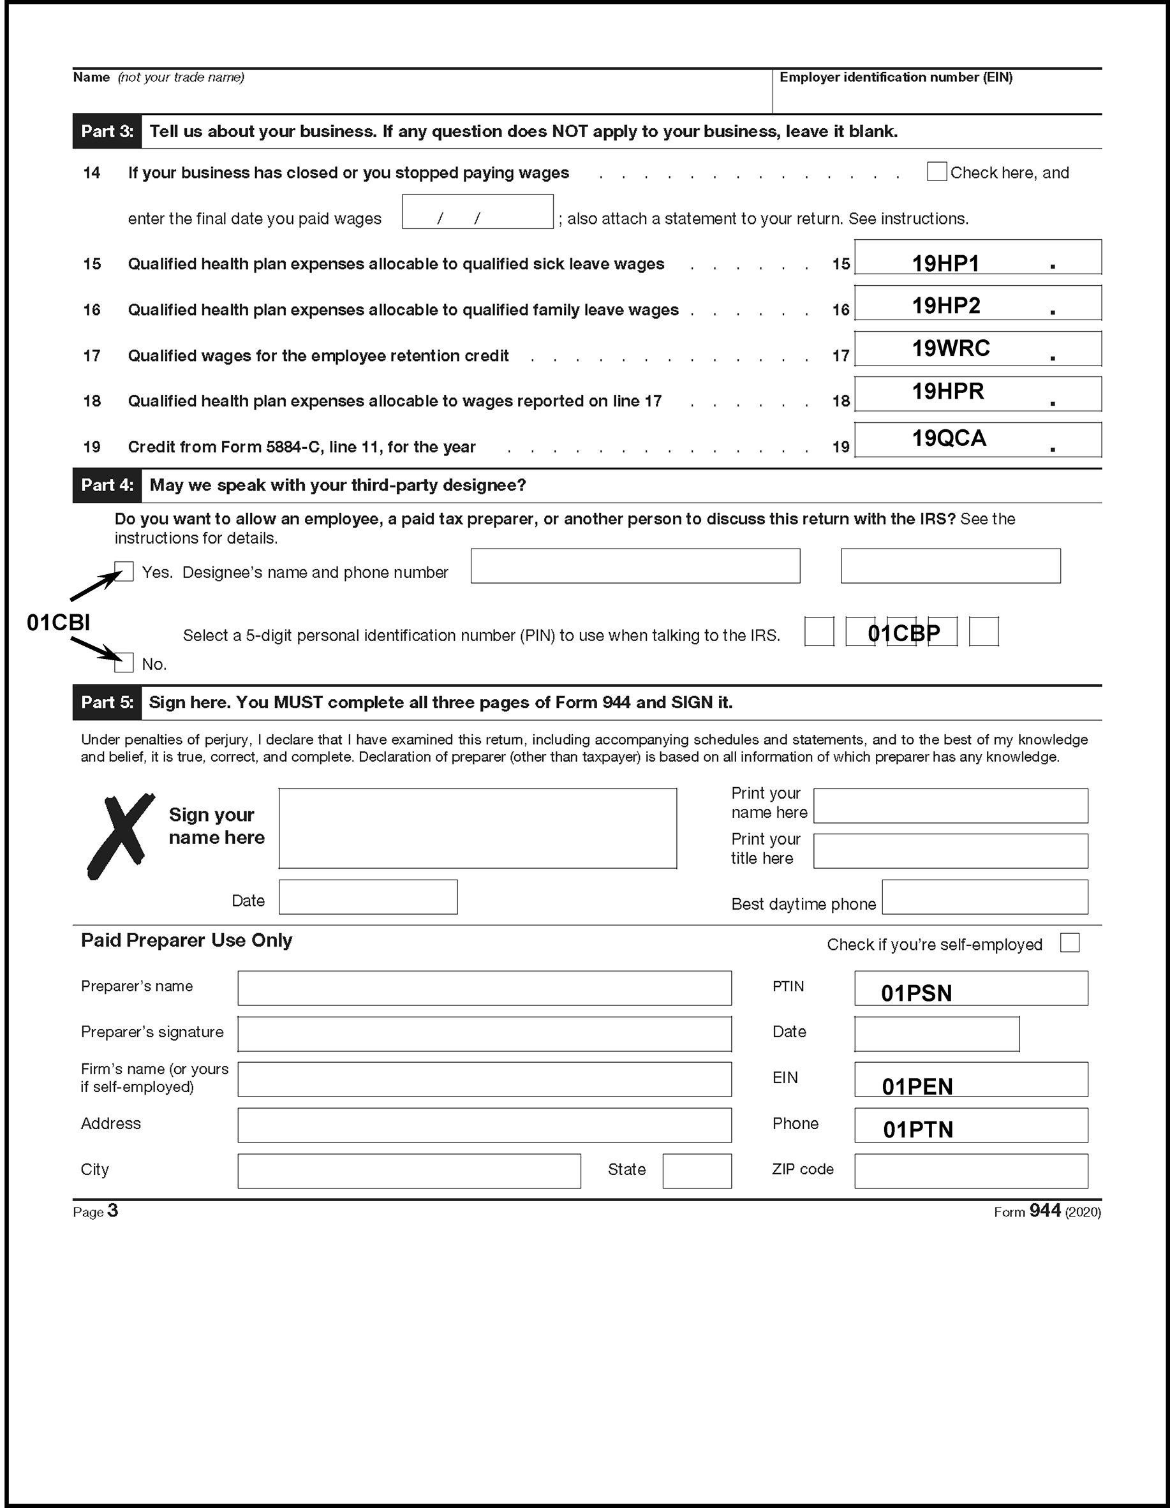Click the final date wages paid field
[x=477, y=211]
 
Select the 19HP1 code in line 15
[x=945, y=263]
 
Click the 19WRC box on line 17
[x=951, y=348]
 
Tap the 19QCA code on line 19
[x=949, y=438]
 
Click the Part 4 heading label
[x=107, y=485]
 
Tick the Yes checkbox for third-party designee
[x=124, y=572]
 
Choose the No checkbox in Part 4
[x=124, y=663]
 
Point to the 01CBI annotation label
[x=59, y=623]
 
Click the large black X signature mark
[x=121, y=836]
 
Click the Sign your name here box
[x=477, y=828]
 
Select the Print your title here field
[x=951, y=851]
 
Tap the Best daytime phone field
[x=985, y=896]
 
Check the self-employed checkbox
[x=1069, y=943]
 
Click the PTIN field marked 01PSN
[x=970, y=988]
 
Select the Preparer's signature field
[x=484, y=1033]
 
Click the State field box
[x=697, y=1171]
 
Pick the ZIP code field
[x=970, y=1171]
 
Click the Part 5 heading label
[x=107, y=702]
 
